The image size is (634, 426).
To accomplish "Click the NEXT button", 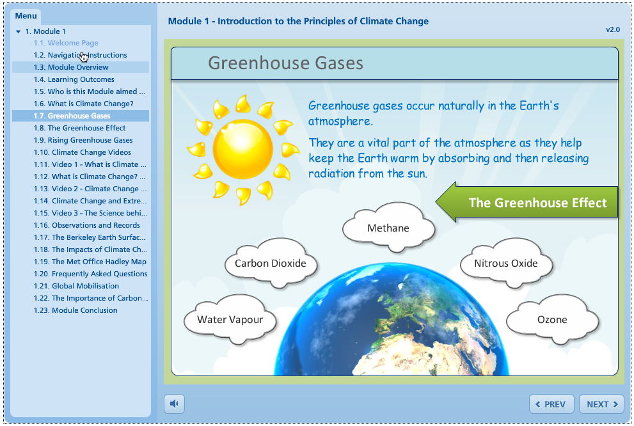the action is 601,404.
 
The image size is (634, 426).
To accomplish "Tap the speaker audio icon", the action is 174,404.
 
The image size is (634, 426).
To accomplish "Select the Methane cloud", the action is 388,228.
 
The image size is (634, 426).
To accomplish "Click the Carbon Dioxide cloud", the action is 271,263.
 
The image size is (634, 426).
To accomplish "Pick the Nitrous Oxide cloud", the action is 506,263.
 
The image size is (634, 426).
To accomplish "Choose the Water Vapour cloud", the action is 230,319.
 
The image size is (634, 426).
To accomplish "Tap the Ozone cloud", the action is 552,319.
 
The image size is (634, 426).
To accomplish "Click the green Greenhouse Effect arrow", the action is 527,202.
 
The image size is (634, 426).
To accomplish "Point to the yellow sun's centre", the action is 242,149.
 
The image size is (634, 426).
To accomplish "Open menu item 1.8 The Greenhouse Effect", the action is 80,128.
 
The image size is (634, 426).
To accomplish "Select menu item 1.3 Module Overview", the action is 71,67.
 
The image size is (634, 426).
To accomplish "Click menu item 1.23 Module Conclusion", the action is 75,310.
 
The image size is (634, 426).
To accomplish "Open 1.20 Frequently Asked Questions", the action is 91,274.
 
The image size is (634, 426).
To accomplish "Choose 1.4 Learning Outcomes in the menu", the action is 74,79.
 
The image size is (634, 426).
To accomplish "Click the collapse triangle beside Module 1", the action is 18,31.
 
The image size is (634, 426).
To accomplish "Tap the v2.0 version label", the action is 613,29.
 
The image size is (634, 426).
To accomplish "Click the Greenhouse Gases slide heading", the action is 285,63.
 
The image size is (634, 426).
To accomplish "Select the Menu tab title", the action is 26,16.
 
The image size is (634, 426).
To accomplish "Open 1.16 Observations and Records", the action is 87,225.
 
